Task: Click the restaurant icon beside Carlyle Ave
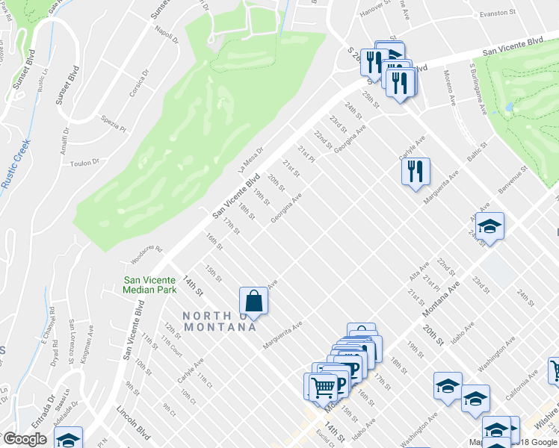pos(416,172)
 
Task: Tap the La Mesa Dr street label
pos(252,161)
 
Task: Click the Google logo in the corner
pos(25,439)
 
